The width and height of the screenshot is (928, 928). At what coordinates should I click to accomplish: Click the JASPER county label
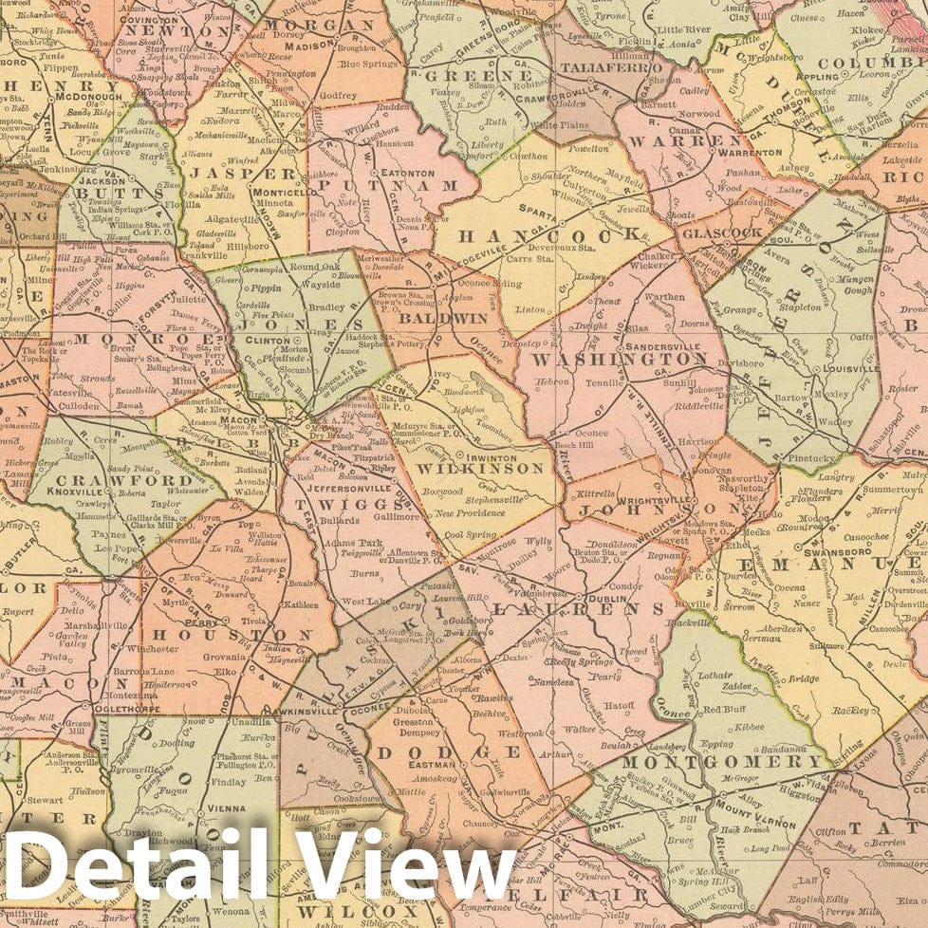243,174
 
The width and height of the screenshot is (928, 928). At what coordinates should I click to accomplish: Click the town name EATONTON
407,174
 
